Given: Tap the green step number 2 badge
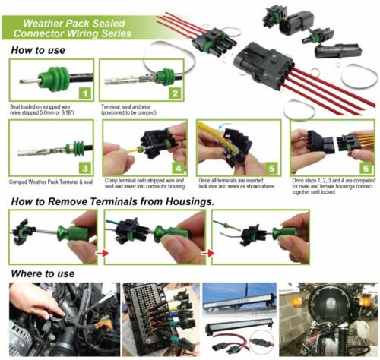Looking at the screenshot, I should click(x=174, y=93).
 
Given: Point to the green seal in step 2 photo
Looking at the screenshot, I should click(x=163, y=76).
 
